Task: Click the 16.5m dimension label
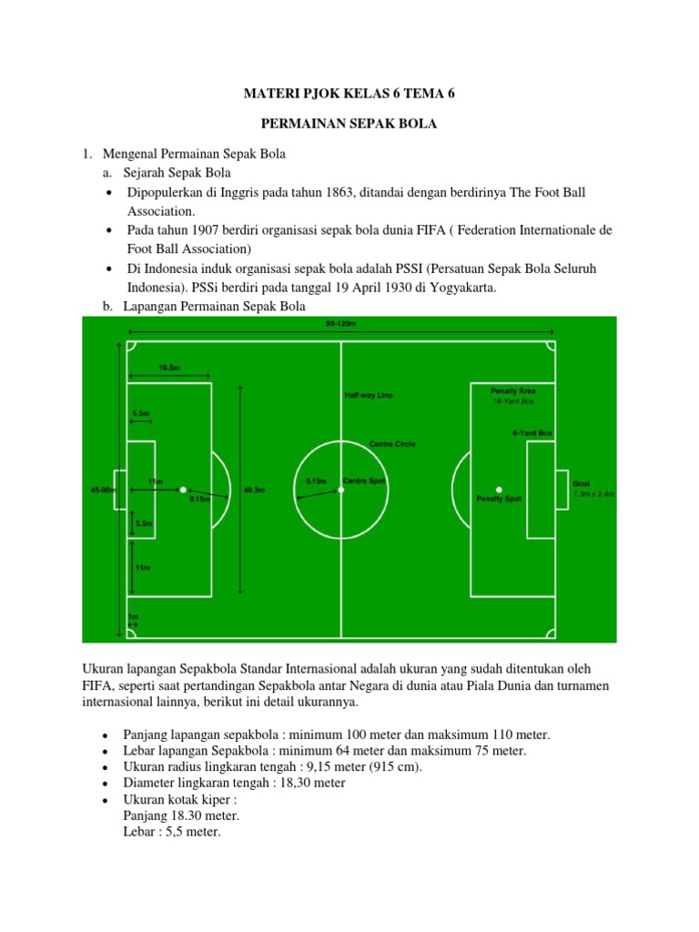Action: coord(169,367)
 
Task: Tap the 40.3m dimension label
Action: coord(254,490)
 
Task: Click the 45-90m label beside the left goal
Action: coord(102,490)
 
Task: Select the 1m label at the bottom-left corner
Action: coord(133,617)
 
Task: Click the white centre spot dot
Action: coord(341,490)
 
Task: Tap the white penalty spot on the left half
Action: coord(183,490)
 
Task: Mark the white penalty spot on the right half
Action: coord(499,490)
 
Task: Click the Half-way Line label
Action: coord(369,396)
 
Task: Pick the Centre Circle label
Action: coord(392,444)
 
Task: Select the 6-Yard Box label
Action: coord(532,433)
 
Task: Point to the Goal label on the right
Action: coord(582,484)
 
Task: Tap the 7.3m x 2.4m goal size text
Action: coord(593,493)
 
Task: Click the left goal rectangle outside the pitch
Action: coord(120,490)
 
